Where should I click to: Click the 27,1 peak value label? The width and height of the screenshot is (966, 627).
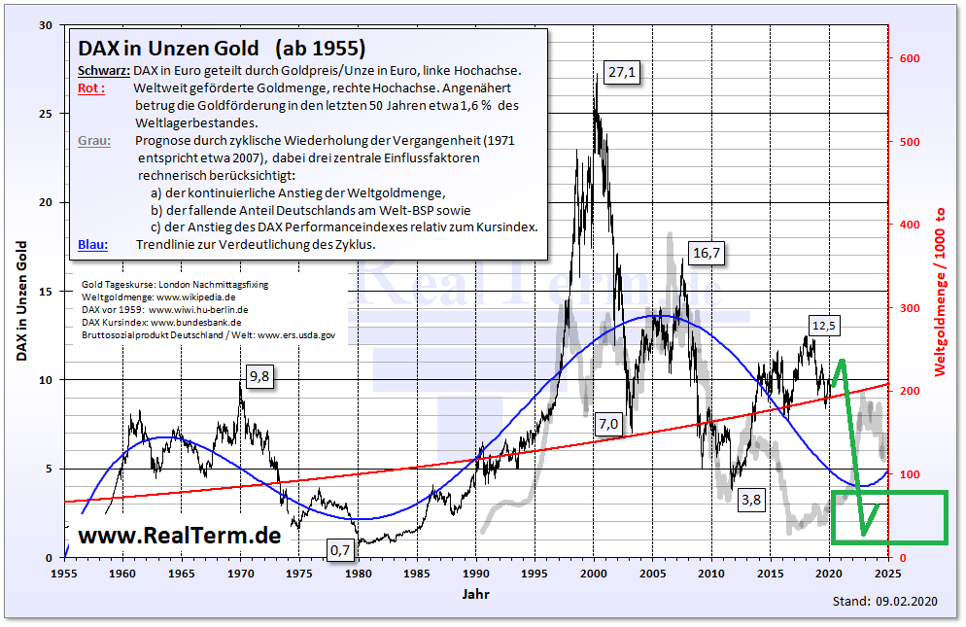click(618, 72)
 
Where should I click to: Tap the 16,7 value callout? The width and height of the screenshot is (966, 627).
click(707, 253)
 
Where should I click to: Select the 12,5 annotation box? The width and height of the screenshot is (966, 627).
click(822, 325)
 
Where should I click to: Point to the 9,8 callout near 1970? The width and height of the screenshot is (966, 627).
click(259, 376)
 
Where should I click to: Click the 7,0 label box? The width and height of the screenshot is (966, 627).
click(608, 424)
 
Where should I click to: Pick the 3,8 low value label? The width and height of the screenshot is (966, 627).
click(751, 500)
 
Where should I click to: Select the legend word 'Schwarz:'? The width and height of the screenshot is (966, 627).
click(103, 70)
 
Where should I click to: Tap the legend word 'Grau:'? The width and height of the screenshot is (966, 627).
click(94, 140)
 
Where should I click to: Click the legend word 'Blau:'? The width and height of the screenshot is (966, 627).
click(93, 244)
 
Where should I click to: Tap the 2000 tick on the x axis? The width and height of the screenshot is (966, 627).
click(594, 575)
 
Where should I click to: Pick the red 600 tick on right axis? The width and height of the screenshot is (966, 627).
click(909, 59)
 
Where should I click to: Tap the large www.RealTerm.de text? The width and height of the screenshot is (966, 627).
click(179, 535)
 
